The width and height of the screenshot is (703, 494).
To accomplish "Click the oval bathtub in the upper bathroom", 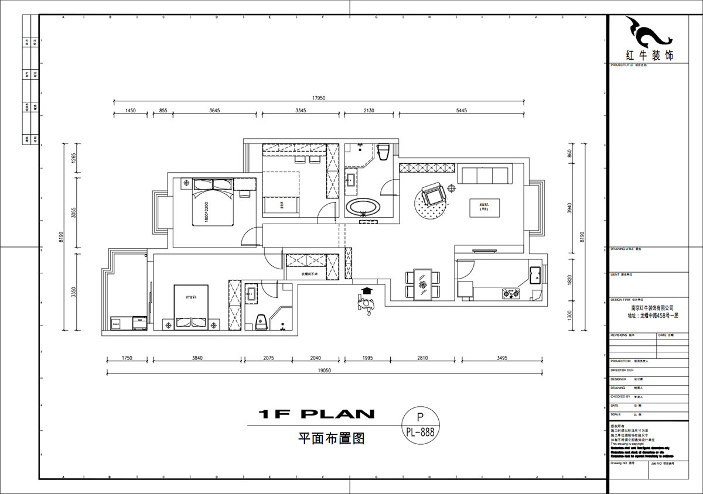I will (x=363, y=207).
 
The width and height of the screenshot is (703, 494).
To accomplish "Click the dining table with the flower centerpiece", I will (x=422, y=284).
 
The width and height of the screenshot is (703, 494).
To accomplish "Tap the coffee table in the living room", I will (x=484, y=207).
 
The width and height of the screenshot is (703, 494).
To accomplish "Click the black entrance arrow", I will (x=367, y=290).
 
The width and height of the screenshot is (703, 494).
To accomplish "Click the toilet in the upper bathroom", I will (x=384, y=152).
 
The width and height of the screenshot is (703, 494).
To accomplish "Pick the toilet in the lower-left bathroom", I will (x=260, y=321).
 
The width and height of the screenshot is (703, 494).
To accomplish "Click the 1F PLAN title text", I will (x=316, y=414).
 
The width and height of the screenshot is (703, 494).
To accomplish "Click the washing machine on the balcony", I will (x=139, y=323).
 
